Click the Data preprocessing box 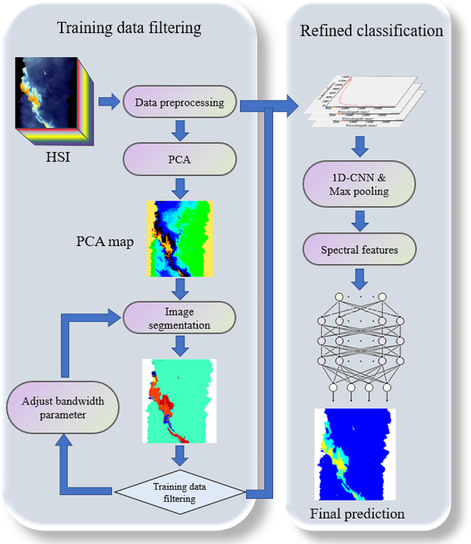click(179, 103)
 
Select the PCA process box click(179, 160)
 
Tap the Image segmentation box click(179, 316)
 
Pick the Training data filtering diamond click(179, 492)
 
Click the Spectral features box click(359, 249)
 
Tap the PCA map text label click(104, 243)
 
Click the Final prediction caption click(357, 513)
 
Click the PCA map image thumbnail click(179, 238)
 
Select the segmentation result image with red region click(179, 401)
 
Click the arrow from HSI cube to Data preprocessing click(108, 102)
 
